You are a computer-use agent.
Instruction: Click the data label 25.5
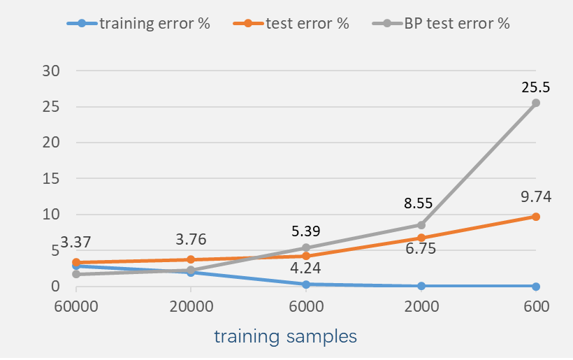pyautogui.click(x=536, y=88)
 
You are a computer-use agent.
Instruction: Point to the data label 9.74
pyautogui.click(x=536, y=197)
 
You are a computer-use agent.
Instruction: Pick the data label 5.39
pyautogui.click(x=306, y=231)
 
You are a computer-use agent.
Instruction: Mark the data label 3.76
pyautogui.click(x=190, y=239)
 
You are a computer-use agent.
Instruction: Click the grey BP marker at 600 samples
pyautogui.click(x=536, y=103)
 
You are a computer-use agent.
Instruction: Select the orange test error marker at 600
pyautogui.click(x=536, y=217)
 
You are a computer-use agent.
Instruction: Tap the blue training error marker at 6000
pyautogui.click(x=306, y=284)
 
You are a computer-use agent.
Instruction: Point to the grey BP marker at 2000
pyautogui.click(x=421, y=224)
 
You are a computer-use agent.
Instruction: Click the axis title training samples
pyautogui.click(x=285, y=336)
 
